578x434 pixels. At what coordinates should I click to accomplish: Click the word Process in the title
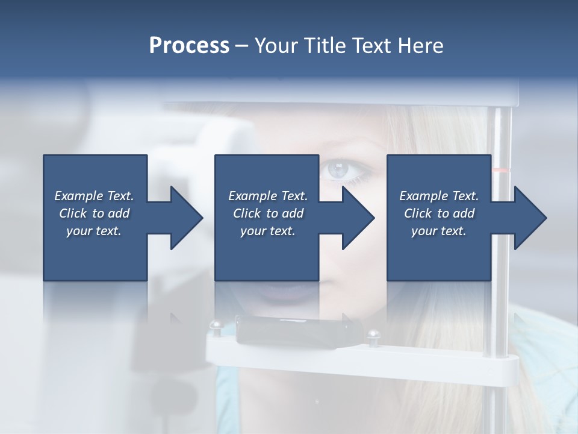tap(189, 46)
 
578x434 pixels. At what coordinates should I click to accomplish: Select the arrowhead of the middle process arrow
tap(359, 218)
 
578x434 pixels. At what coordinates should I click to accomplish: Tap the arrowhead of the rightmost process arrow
tap(530, 218)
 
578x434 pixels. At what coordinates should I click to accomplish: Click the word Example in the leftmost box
tap(78, 196)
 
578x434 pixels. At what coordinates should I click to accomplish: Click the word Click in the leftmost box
tap(73, 213)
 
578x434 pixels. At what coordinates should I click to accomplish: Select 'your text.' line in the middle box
tap(267, 231)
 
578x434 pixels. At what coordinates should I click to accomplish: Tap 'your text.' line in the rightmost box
tap(438, 231)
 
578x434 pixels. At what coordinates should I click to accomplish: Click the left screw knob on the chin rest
tap(215, 327)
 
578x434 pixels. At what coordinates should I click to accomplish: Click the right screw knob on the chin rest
tap(374, 334)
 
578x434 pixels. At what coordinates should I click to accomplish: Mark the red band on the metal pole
tap(501, 171)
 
